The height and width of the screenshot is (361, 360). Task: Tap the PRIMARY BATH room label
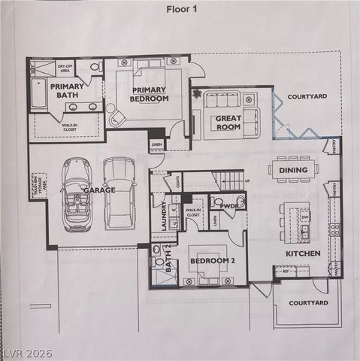[x=67, y=91]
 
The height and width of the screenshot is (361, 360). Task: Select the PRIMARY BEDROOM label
[x=148, y=95]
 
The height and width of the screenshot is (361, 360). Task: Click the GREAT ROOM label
[x=228, y=123]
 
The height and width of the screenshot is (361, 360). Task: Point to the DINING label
[x=292, y=171]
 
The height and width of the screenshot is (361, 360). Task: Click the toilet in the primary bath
[x=95, y=68]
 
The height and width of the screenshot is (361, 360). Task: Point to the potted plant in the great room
[x=198, y=96]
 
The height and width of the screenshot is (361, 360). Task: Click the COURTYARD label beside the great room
[x=306, y=96]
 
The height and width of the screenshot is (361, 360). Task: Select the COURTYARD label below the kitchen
[x=308, y=302]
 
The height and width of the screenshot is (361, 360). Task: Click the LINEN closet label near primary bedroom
[x=156, y=144]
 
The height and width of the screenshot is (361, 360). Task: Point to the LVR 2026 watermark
[x=26, y=352]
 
